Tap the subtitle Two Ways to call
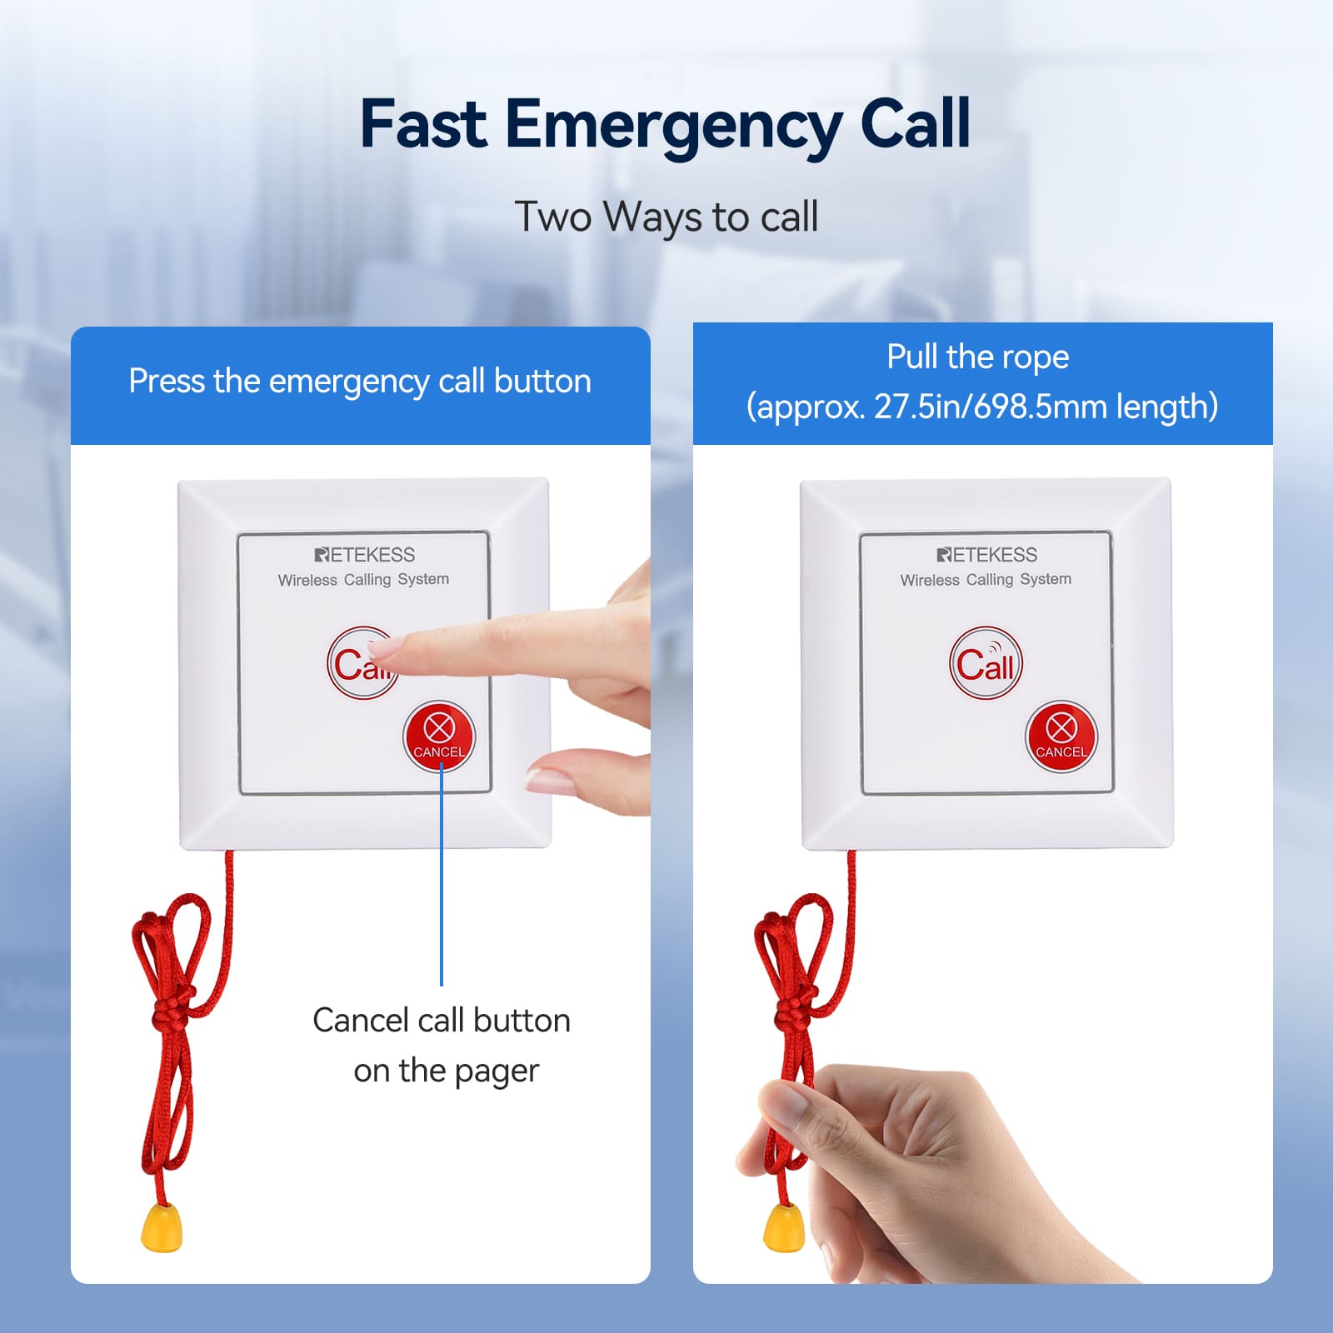[666, 217]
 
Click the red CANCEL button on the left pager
[439, 736]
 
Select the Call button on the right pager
[986, 663]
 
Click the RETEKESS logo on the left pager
[365, 555]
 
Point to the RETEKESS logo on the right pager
[987, 555]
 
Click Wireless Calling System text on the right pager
[986, 580]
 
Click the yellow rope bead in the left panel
[162, 1226]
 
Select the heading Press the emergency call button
[360, 382]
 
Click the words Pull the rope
[978, 357]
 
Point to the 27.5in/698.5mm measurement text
[988, 407]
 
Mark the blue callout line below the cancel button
[442, 878]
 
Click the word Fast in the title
[423, 124]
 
